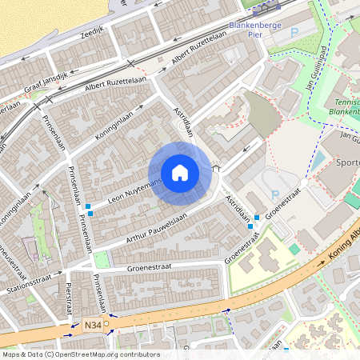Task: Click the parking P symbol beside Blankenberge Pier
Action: click(293, 33)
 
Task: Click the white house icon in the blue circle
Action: click(180, 173)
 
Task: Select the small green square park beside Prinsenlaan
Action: click(102, 259)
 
